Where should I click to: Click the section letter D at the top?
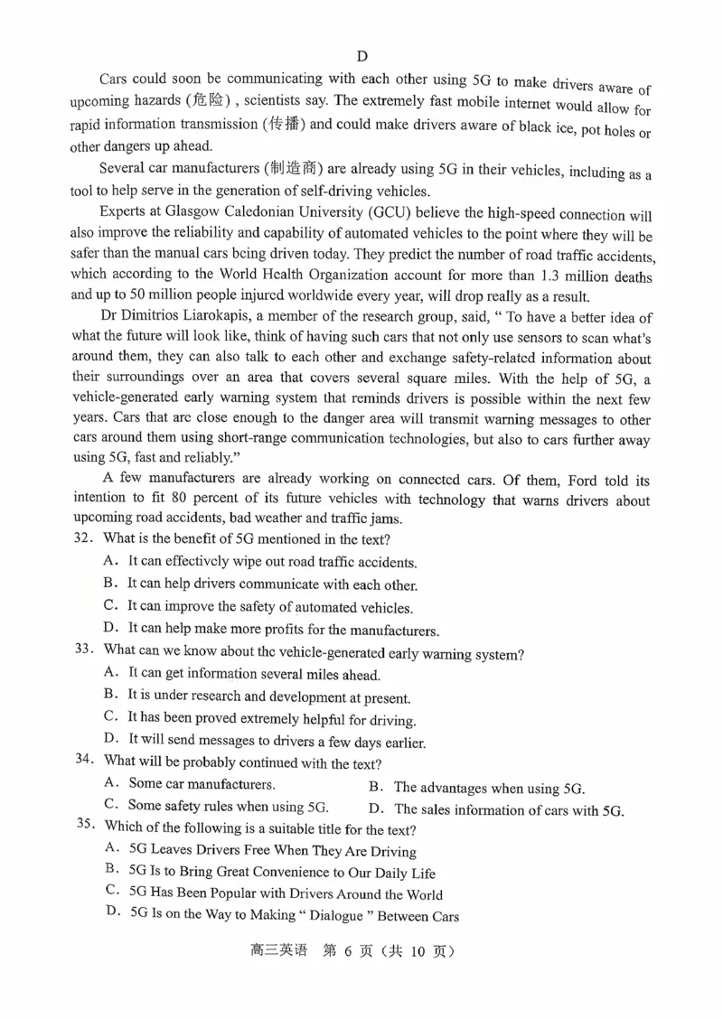362,56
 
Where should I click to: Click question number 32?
84,539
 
